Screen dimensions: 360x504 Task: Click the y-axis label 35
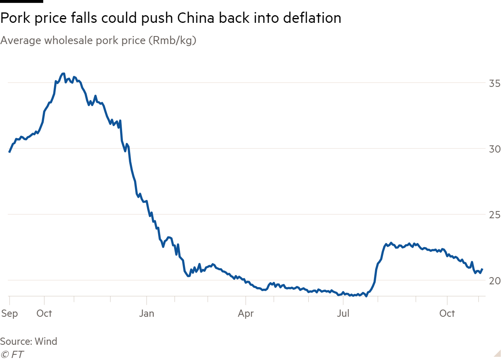494,83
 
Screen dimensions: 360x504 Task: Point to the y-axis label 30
494,149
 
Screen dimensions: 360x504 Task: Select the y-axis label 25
494,215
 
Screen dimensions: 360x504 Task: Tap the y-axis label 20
494,281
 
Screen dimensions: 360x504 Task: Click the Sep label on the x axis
9,313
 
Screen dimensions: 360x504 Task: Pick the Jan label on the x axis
147,313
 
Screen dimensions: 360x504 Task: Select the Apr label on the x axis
245,313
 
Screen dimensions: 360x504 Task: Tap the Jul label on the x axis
343,313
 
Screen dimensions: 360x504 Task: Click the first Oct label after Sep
44,313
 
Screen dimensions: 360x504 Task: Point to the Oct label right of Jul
447,313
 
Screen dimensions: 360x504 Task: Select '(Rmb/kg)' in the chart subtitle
172,41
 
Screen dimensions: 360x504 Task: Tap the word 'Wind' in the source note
46,342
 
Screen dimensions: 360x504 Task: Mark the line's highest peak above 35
62,74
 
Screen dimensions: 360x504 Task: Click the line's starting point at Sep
9,152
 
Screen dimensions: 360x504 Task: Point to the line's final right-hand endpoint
482,269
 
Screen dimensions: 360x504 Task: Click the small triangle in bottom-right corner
498,353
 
